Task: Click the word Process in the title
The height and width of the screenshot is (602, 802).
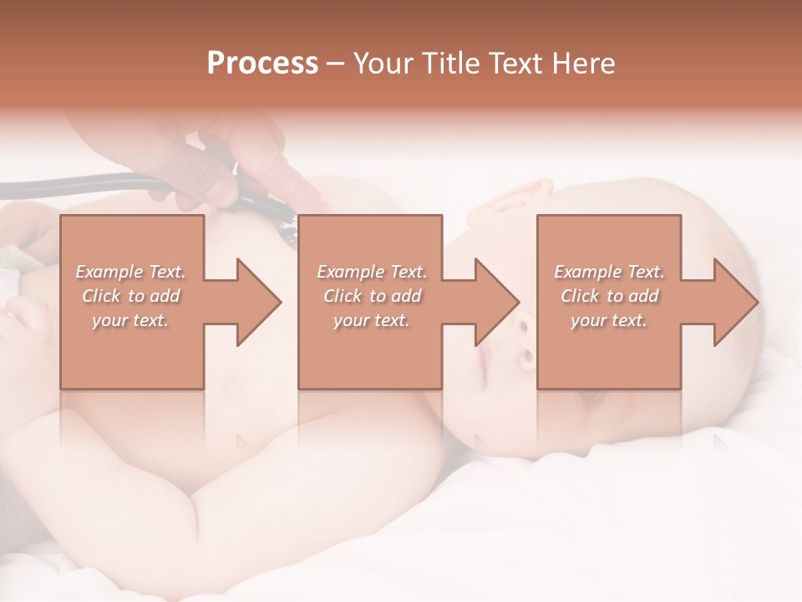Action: click(262, 64)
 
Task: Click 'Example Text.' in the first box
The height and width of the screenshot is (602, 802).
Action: click(130, 272)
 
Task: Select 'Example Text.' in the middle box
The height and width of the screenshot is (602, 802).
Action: click(372, 272)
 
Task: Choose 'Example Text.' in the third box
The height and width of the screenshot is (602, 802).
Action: click(609, 272)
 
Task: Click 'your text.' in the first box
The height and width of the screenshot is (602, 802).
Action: click(130, 320)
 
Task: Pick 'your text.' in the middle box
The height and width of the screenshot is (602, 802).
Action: click(372, 320)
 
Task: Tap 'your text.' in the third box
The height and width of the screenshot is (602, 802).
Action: click(609, 320)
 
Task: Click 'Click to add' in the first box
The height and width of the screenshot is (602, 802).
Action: click(130, 296)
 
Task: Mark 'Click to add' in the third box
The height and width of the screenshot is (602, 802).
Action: click(609, 296)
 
